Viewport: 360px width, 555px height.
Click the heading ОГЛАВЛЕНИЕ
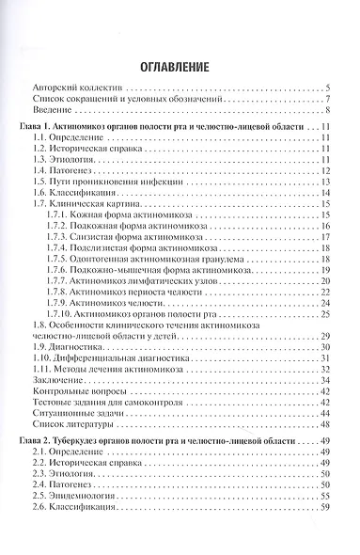pos(180,66)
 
